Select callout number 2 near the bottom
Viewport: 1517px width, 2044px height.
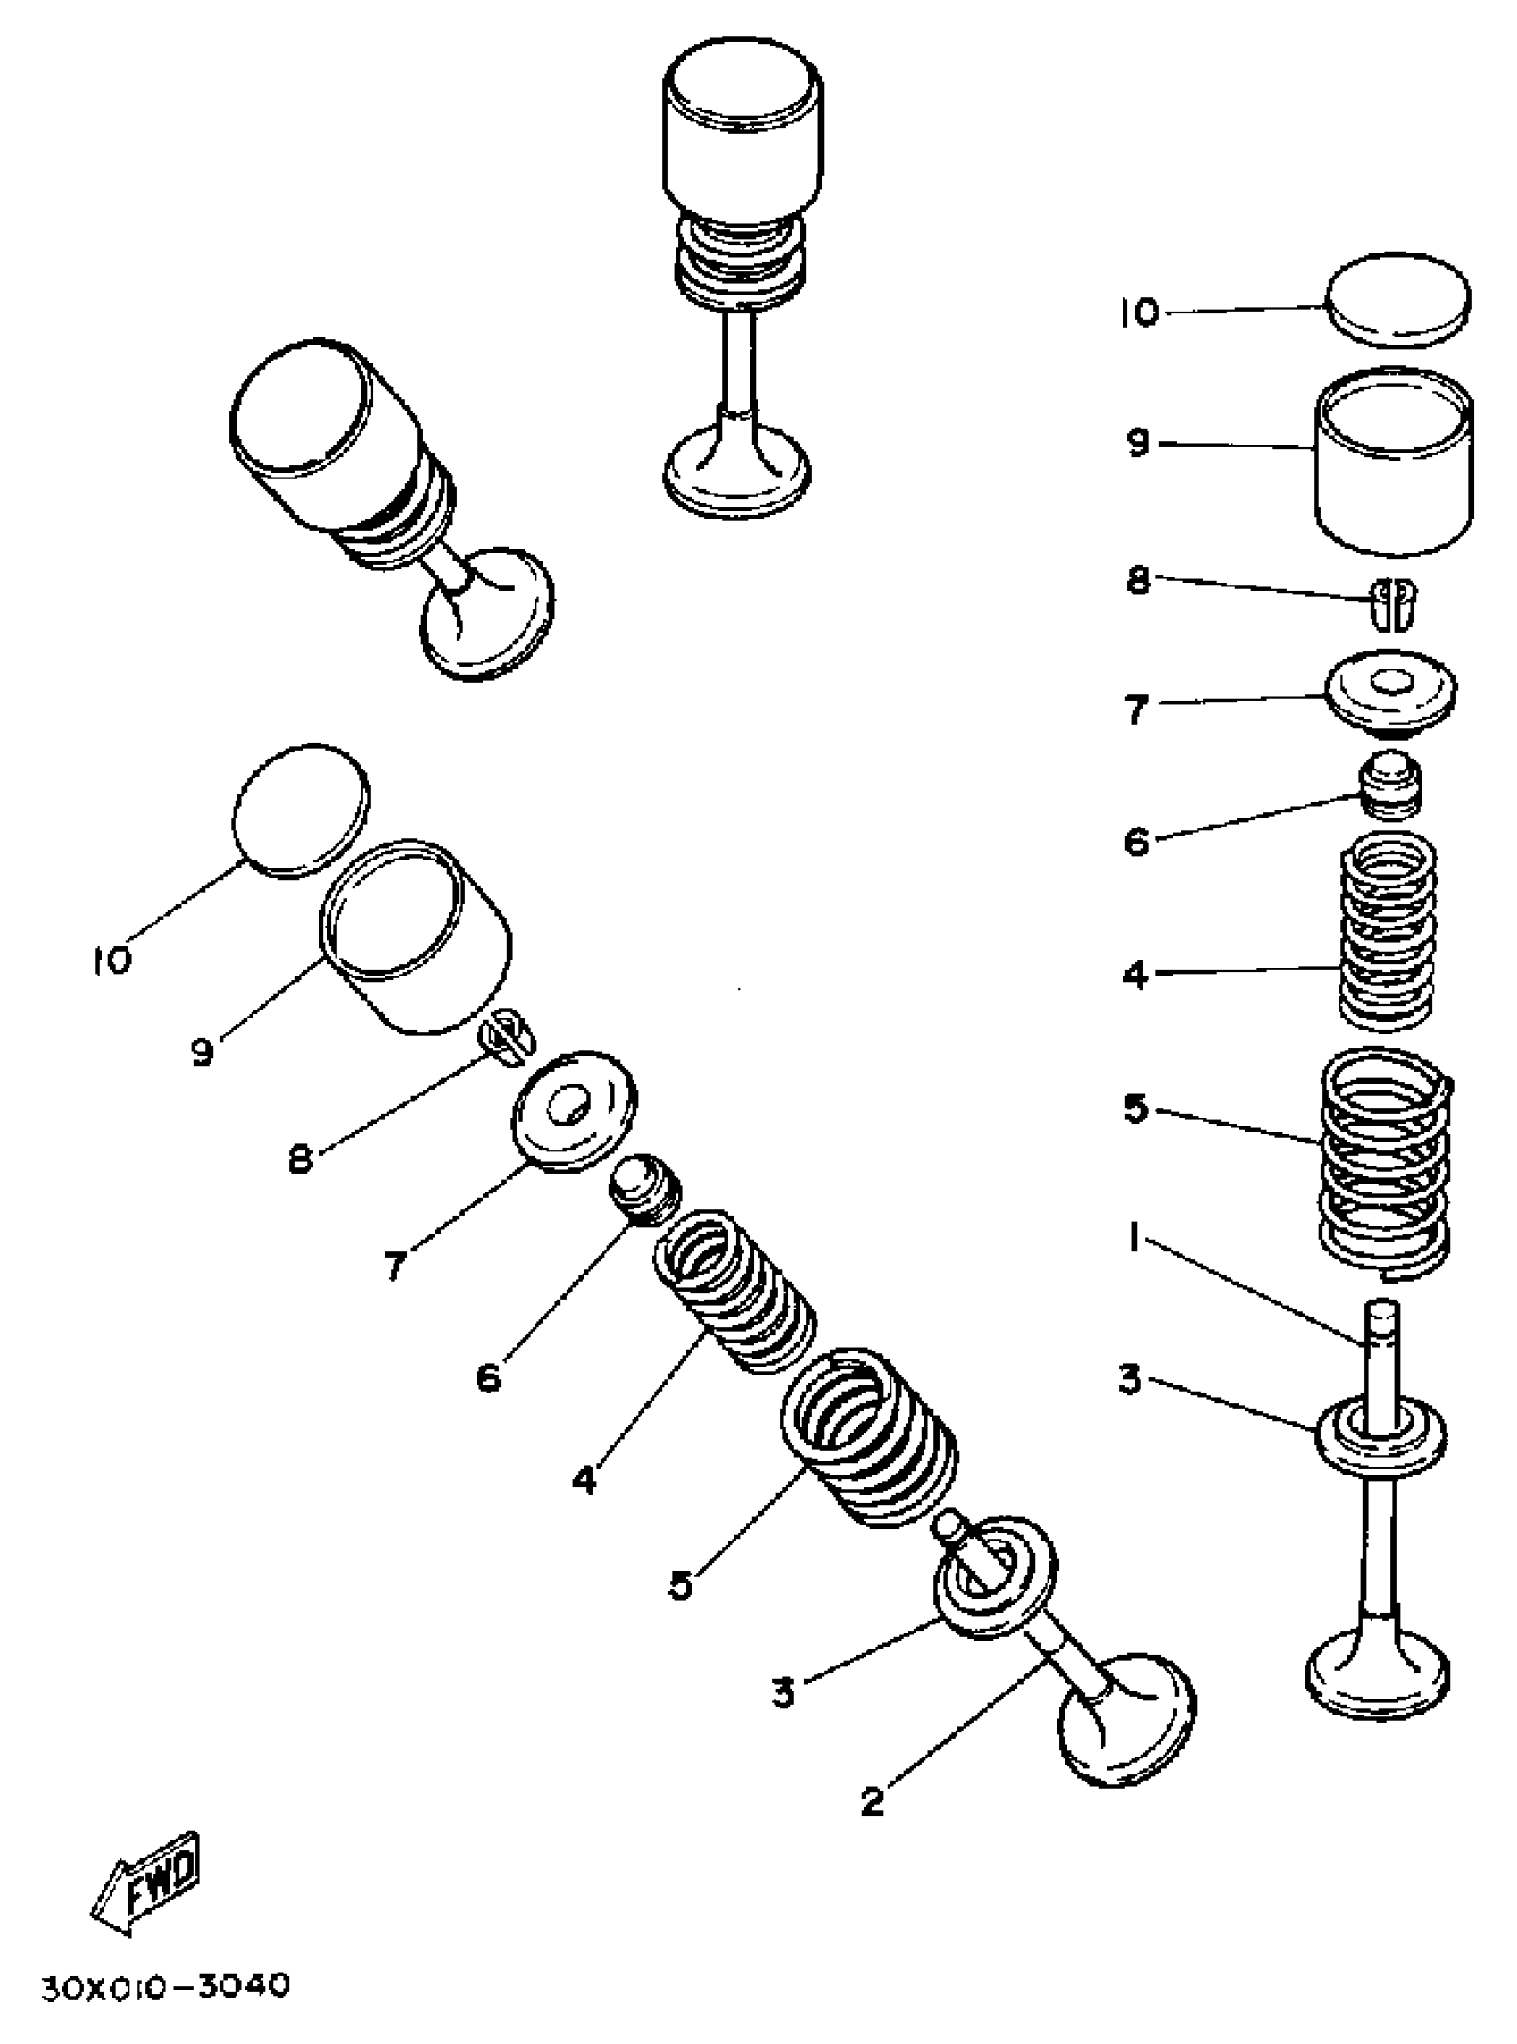(873, 1800)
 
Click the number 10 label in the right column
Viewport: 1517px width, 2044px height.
(1140, 313)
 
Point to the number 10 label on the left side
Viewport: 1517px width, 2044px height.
(112, 960)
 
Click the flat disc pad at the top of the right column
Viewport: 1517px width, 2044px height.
(1397, 299)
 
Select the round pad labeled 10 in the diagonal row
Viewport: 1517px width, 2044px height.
(302, 810)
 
